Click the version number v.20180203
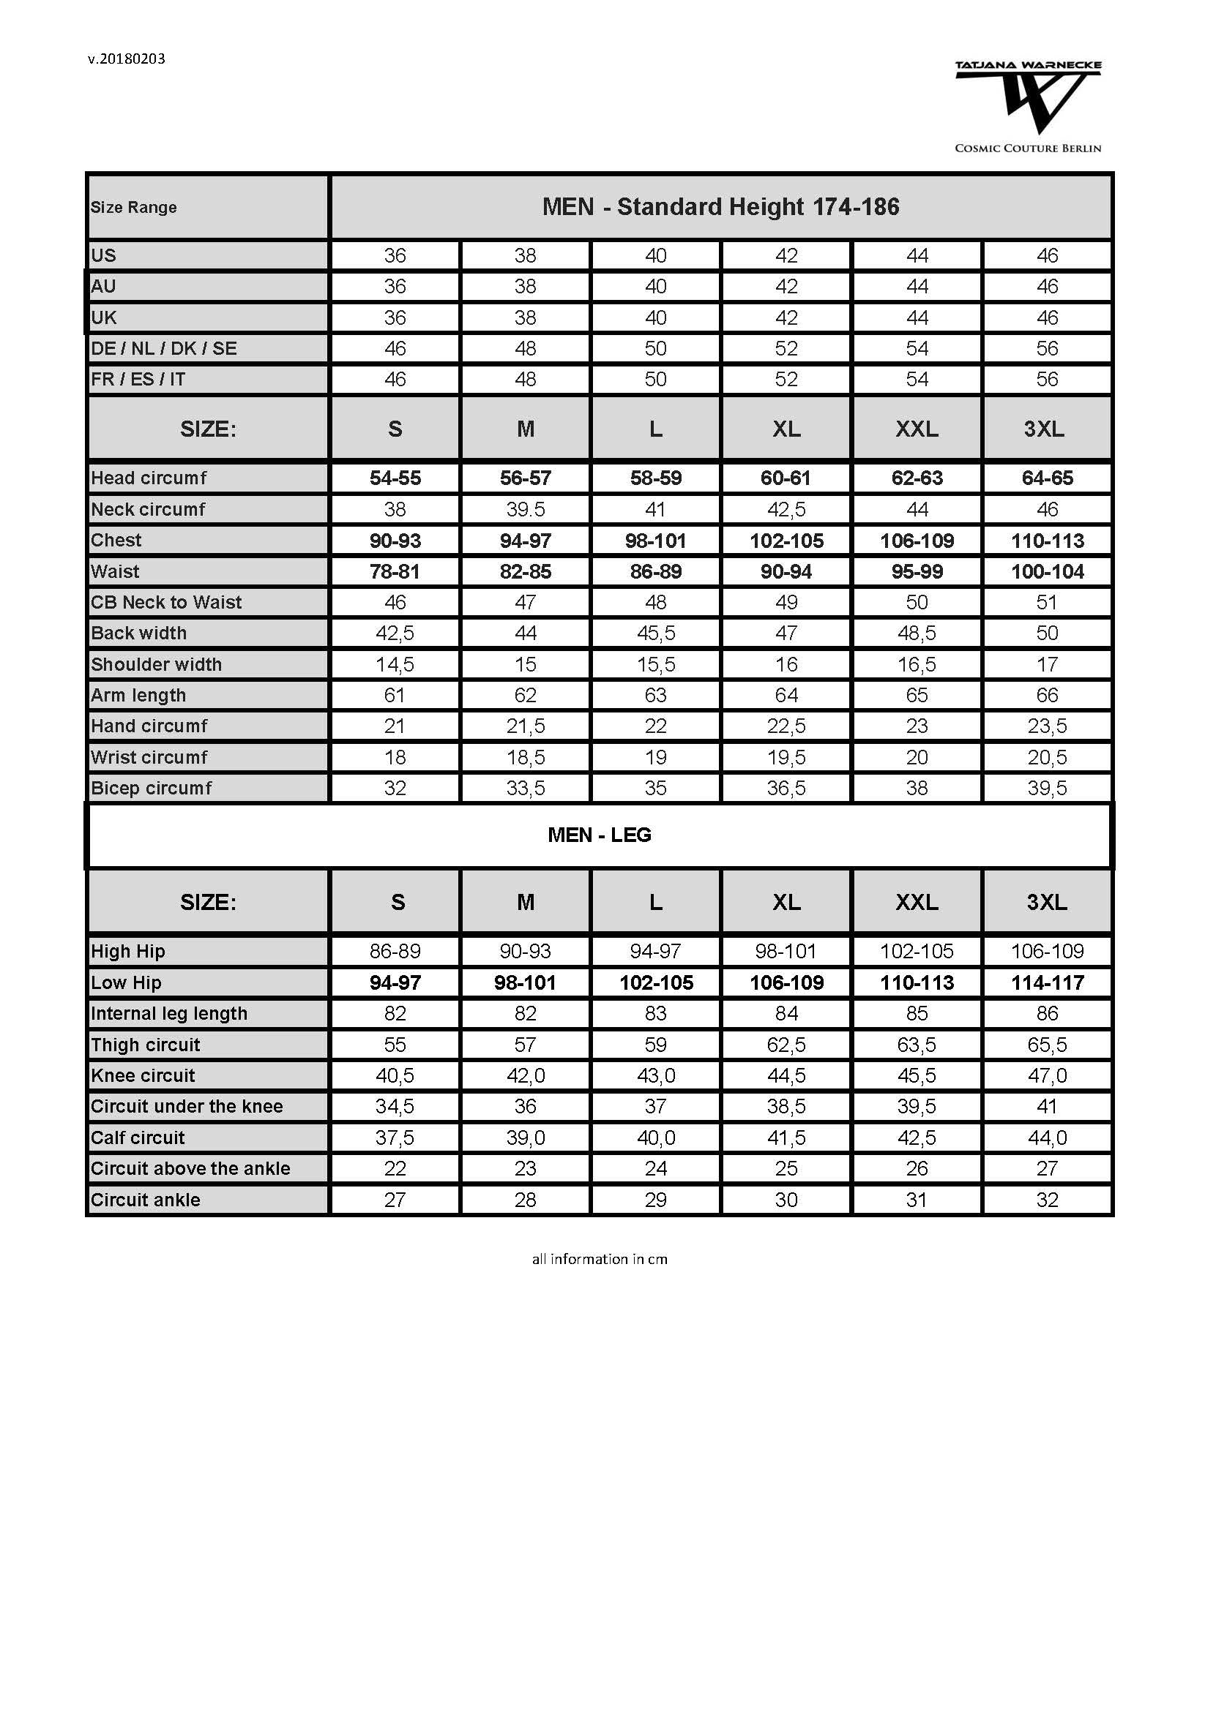tap(126, 59)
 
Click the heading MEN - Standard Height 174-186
tap(720, 206)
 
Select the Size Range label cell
tap(134, 207)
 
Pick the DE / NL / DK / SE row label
tap(164, 348)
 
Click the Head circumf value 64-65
tap(1047, 478)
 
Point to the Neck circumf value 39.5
tap(525, 509)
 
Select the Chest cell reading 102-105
tap(786, 541)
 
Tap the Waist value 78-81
tap(395, 571)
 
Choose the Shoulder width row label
tap(157, 664)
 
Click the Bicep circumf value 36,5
tap(786, 788)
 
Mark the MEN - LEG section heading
tap(600, 835)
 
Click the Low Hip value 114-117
tap(1047, 982)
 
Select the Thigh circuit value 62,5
tap(786, 1045)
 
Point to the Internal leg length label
tap(169, 1013)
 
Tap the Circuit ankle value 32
tap(1047, 1200)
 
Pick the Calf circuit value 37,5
tap(395, 1138)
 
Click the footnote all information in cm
tap(600, 1259)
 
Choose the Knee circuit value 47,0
tap(1047, 1075)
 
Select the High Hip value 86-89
tap(395, 951)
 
